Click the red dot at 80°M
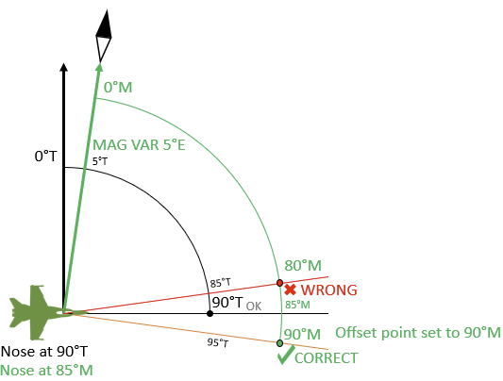coord(279,283)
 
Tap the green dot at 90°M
coord(279,343)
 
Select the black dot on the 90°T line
coord(210,313)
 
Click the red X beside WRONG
coord(290,290)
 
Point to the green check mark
coord(286,355)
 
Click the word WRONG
coord(328,290)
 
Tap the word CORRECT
coord(326,358)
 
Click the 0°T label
coord(45,157)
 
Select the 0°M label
coord(118,87)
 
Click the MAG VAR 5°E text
coord(139,145)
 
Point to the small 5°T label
coord(100,161)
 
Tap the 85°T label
coord(220,283)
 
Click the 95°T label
coord(218,342)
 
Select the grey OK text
coord(254,306)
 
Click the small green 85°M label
coord(297,305)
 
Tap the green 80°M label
coord(303,266)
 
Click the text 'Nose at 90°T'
coord(44,352)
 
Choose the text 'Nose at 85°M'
coord(46,371)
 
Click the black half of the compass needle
coord(104,25)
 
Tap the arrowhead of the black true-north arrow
coord(64,67)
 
